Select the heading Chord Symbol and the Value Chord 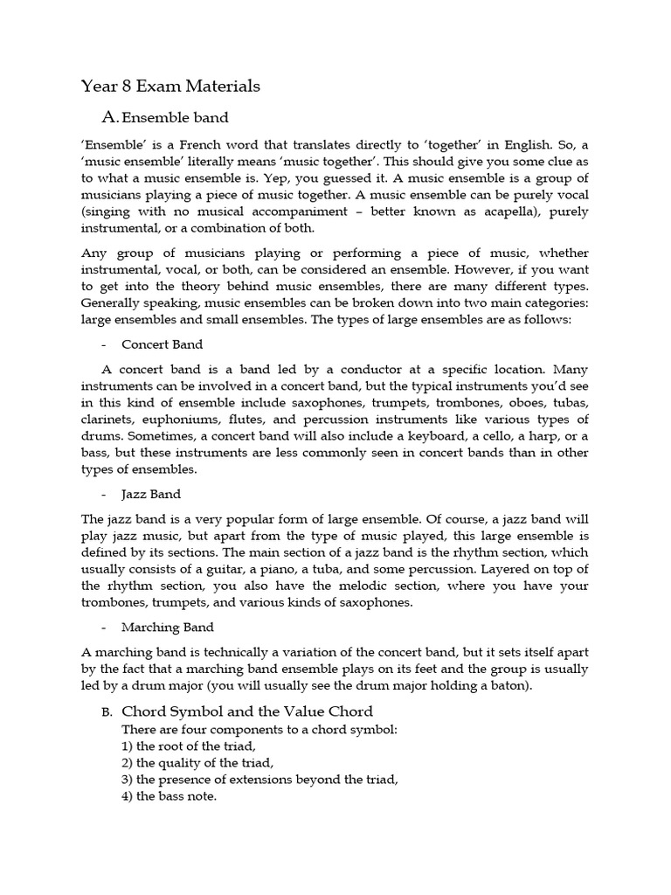[x=247, y=711]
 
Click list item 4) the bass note [x=169, y=796]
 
